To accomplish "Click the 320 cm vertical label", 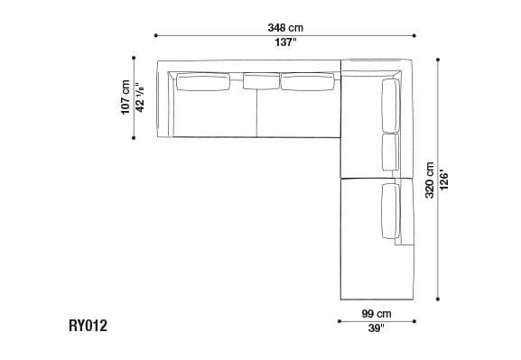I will pos(430,180).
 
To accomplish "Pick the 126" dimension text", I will pos(444,180).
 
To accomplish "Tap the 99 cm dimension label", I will pos(376,312).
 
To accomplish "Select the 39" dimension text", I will pos(376,328).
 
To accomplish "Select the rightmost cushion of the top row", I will pos(308,83).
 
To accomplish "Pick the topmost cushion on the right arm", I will pos(391,105).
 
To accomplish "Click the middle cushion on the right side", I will pos(391,152).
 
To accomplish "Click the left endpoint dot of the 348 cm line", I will pos(157,35).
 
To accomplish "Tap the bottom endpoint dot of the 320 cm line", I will pos(439,300).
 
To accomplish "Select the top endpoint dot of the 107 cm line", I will pos(135,60).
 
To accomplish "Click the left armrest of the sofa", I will pos(163,99).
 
